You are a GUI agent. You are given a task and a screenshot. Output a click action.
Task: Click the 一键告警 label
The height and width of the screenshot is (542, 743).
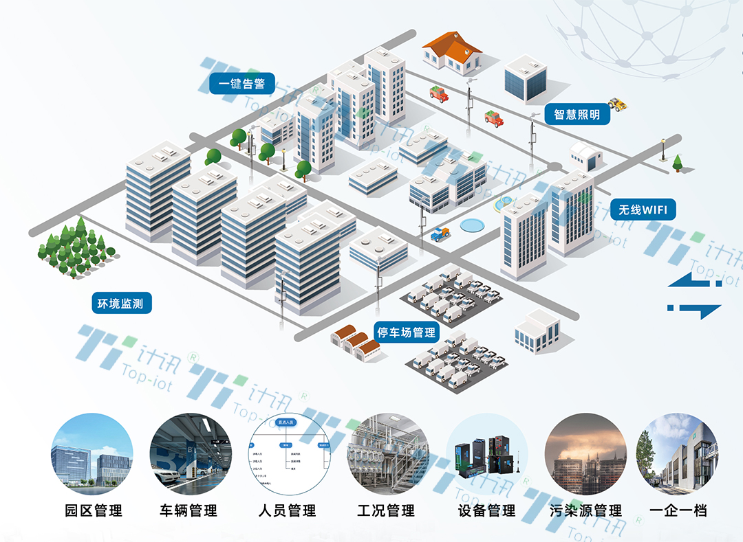coord(241,84)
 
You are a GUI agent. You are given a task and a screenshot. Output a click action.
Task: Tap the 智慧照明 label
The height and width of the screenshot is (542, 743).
coord(577,114)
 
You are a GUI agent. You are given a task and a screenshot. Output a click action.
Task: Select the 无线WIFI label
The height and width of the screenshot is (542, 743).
coord(643,210)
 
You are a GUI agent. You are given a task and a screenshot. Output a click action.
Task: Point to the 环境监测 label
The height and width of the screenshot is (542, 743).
coord(120,303)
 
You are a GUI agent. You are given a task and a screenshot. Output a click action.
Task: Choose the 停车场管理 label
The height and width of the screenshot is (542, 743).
coord(406,332)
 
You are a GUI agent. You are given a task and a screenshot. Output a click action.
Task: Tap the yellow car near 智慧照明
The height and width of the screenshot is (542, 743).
coord(617,104)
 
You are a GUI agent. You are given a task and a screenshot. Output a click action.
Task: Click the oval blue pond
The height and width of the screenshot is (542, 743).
coord(473,225)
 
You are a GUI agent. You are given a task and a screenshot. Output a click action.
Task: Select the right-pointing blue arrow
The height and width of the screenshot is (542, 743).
coord(695,309)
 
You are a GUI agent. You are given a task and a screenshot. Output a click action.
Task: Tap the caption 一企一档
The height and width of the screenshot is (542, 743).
coord(678,510)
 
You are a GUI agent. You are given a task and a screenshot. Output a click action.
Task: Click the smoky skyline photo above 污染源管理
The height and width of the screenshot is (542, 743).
coord(585,454)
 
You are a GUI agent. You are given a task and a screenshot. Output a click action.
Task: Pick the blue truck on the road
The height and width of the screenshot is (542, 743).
coord(440,234)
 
